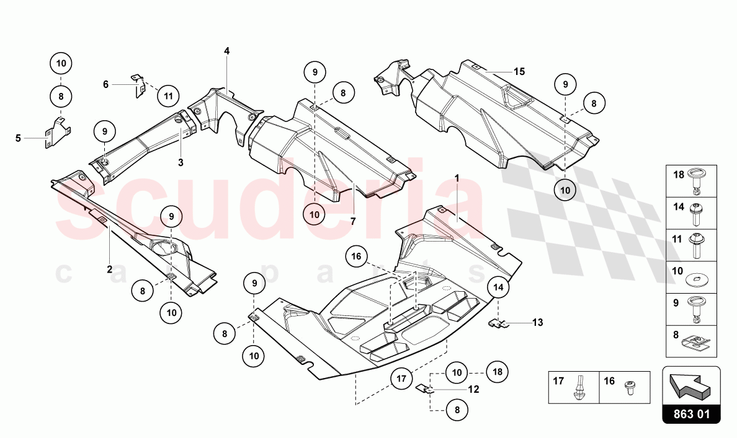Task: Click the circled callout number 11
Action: pos(168,96)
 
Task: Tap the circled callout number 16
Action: pos(356,256)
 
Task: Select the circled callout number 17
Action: pos(401,379)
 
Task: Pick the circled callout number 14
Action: pos(498,287)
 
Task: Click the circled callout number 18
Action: pos(498,372)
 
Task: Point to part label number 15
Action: pos(519,72)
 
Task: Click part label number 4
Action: pos(226,51)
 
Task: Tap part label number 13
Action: pos(538,323)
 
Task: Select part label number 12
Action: pos(473,389)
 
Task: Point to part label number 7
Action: pos(353,222)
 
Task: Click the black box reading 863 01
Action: pos(691,414)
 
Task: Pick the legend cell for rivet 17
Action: pos(574,387)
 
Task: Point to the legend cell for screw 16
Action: pos(625,387)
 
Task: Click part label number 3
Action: pos(181,163)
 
